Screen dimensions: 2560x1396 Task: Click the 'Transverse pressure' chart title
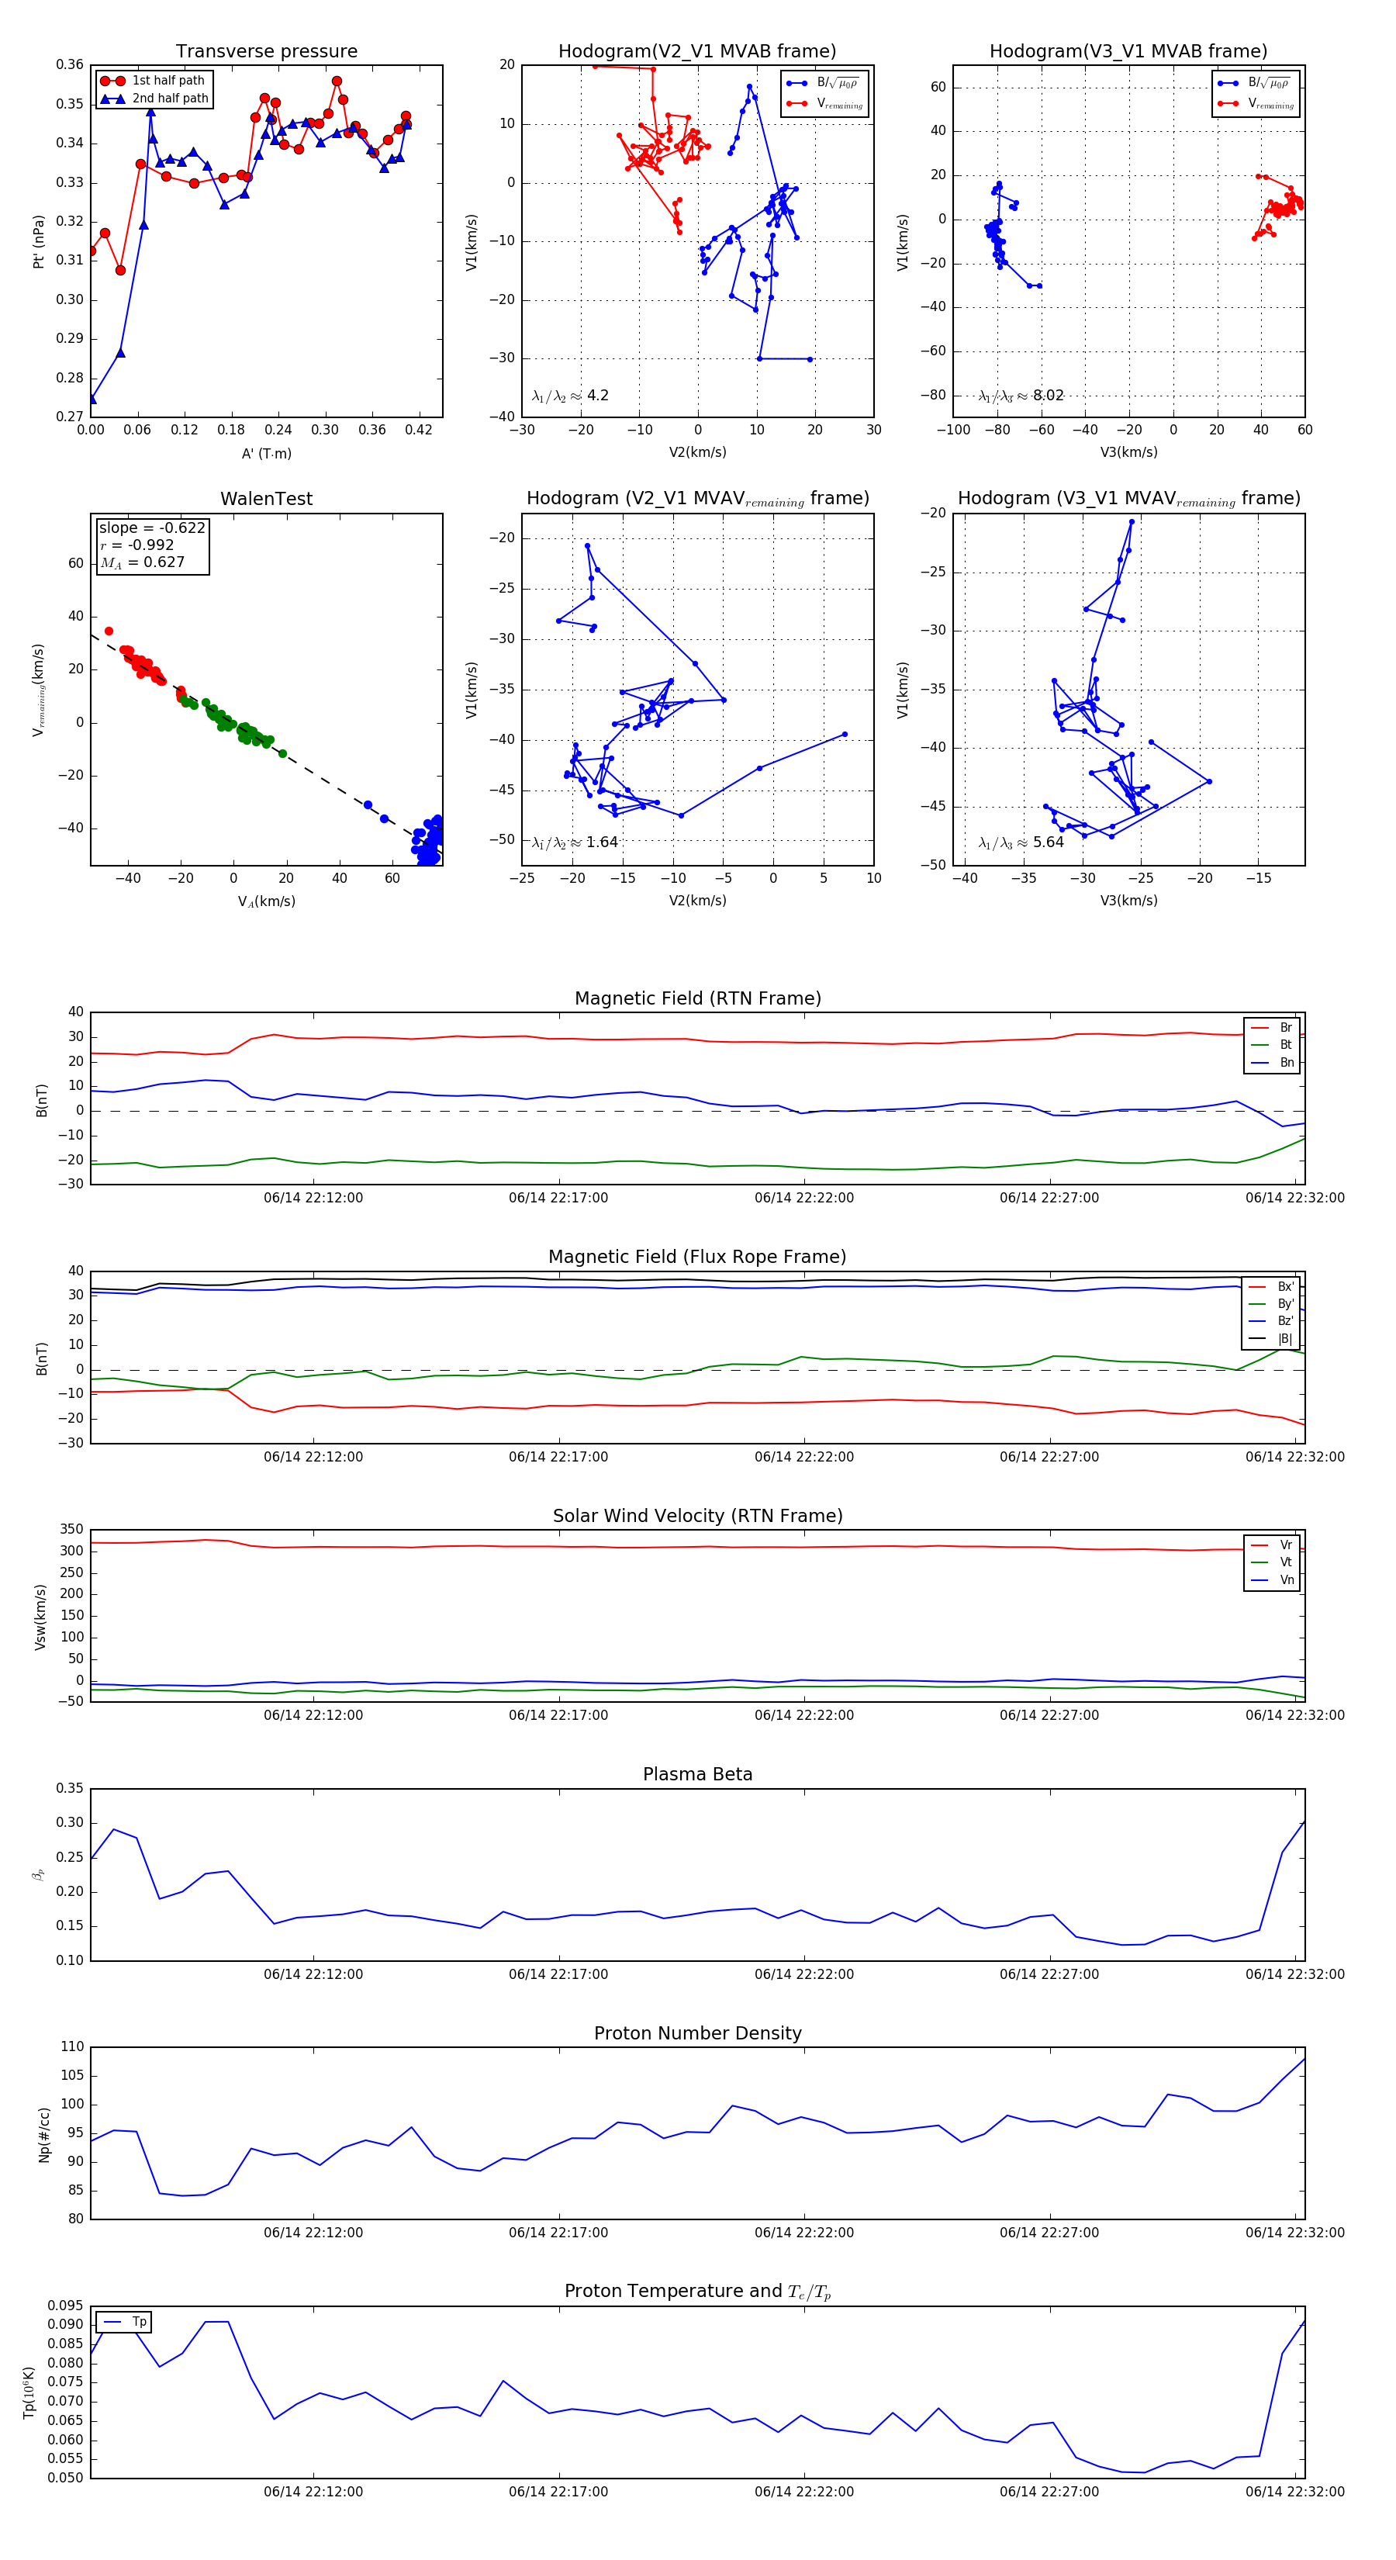[266, 52]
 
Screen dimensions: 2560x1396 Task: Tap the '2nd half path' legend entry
[170, 99]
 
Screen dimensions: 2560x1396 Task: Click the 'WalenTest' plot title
[266, 499]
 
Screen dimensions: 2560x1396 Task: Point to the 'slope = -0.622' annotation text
[152, 528]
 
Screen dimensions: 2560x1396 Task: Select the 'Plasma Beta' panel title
[697, 1774]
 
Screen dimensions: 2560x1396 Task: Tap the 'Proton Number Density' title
[697, 2032]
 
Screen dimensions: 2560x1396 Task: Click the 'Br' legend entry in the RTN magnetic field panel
[1286, 1028]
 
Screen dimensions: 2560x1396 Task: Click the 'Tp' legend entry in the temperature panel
[139, 2322]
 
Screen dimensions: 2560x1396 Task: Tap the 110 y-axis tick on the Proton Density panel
[71, 2047]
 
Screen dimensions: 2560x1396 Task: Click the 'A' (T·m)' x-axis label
[266, 454]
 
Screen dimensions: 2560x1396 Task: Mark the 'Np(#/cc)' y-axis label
[43, 2133]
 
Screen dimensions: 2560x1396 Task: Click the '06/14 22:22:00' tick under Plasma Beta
[803, 1974]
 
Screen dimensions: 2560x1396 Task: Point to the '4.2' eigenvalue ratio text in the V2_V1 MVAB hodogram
[597, 396]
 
